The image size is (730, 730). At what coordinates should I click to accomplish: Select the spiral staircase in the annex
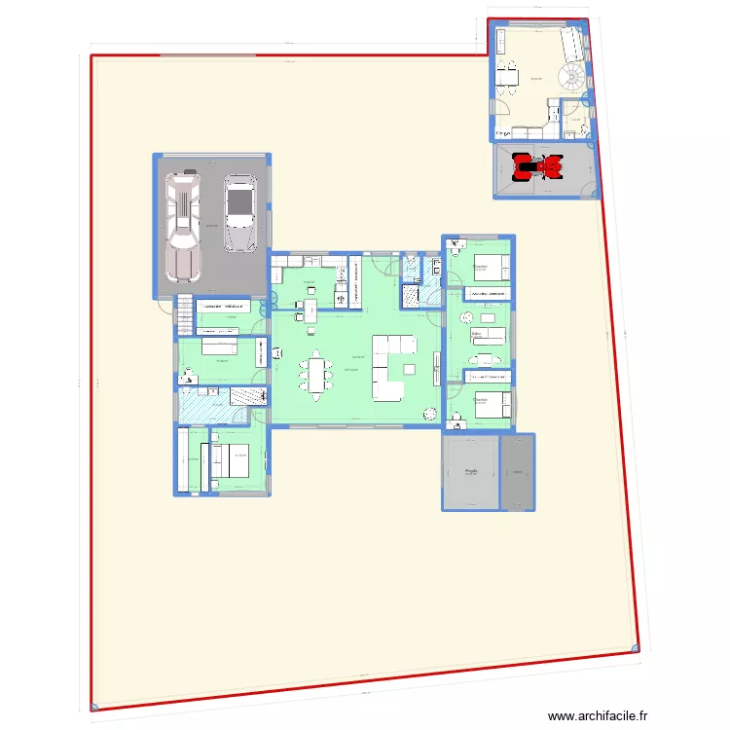[572, 76]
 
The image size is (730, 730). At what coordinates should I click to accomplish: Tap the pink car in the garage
[183, 223]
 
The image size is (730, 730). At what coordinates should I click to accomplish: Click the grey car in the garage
[237, 212]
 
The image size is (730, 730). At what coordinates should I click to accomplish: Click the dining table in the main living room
[317, 375]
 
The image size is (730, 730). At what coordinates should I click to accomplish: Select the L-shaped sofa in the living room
[390, 366]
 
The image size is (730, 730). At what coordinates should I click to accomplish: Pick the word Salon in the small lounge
[476, 332]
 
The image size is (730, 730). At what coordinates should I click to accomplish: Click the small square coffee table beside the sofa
[409, 368]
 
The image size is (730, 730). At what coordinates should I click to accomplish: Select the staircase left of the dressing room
[183, 315]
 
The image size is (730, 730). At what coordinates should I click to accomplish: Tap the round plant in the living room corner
[428, 415]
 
